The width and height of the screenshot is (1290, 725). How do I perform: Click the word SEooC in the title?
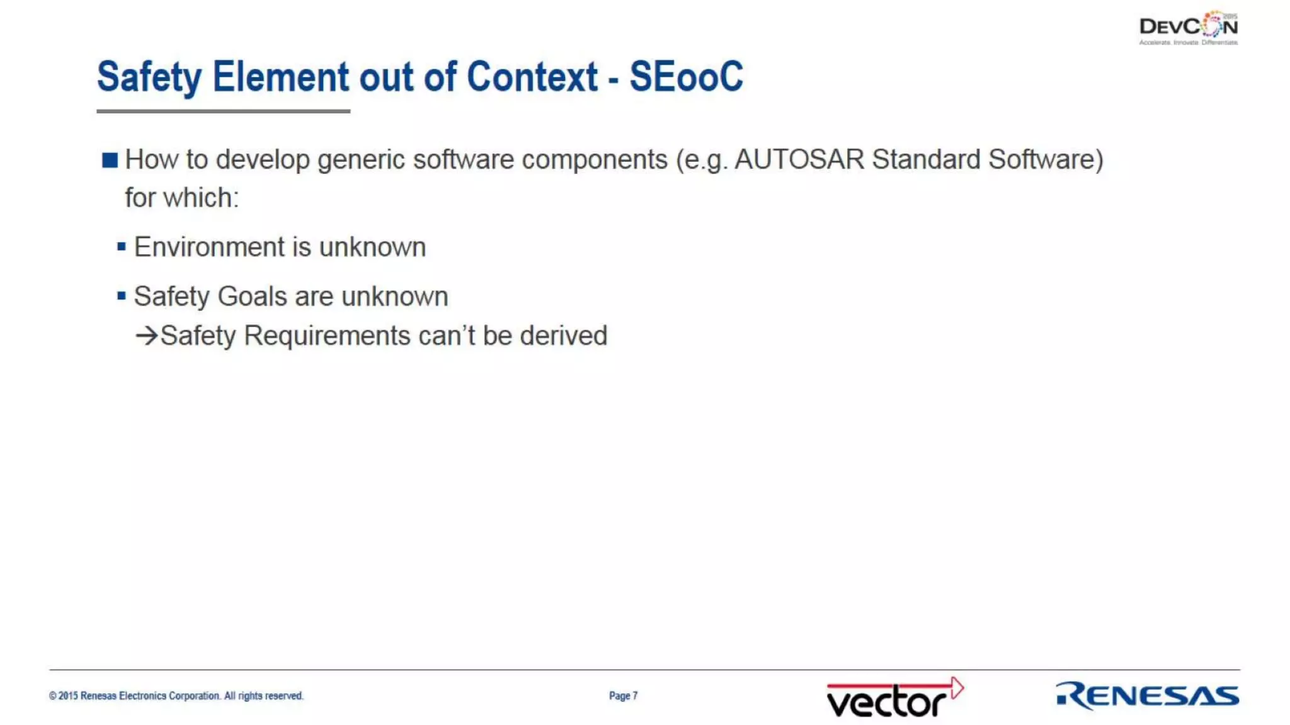[x=686, y=77]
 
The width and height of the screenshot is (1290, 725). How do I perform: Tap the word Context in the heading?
[x=532, y=77]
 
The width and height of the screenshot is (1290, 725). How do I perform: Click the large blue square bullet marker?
[x=110, y=160]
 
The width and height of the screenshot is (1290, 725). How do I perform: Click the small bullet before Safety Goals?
[x=122, y=295]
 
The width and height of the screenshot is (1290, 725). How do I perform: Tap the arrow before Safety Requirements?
[x=146, y=335]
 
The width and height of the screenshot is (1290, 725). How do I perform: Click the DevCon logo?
[x=1188, y=28]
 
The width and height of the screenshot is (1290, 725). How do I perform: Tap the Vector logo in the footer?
[x=894, y=697]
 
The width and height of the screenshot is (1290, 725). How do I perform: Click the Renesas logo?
[x=1147, y=695]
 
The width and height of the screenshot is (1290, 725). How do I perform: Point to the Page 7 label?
[x=623, y=695]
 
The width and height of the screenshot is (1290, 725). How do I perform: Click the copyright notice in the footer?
[x=176, y=695]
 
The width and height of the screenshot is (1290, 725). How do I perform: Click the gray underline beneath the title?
[x=223, y=111]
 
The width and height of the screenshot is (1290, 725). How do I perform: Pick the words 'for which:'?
[x=181, y=198]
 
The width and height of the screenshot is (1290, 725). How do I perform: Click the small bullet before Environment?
[x=122, y=246]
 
